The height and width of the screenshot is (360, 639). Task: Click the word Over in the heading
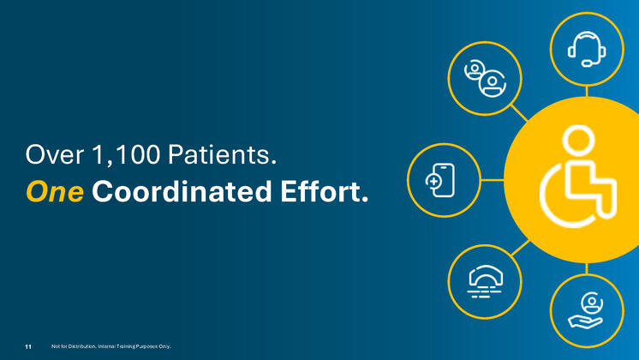click(x=55, y=155)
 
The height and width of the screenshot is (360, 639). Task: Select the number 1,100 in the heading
click(x=126, y=155)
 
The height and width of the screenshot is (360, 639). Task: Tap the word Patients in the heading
click(x=222, y=155)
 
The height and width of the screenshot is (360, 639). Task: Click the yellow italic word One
click(x=55, y=192)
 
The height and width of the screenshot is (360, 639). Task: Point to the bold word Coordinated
click(x=182, y=191)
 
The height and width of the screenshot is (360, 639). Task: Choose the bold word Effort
click(x=325, y=191)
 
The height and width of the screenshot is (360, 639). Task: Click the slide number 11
click(x=28, y=346)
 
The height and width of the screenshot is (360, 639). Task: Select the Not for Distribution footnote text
click(x=111, y=346)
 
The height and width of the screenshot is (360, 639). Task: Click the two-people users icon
click(x=485, y=78)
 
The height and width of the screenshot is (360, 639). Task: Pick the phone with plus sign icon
click(x=440, y=180)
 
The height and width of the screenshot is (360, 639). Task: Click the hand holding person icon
click(x=586, y=310)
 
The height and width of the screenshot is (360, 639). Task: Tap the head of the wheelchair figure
click(x=578, y=141)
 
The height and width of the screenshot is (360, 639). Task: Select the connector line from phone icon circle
click(x=493, y=180)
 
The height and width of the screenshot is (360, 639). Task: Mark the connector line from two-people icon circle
click(x=519, y=113)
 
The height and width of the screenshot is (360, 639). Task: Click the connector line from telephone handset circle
click(x=521, y=248)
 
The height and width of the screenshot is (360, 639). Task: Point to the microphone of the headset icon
click(x=587, y=63)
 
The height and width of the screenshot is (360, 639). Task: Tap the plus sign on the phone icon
click(x=433, y=182)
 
